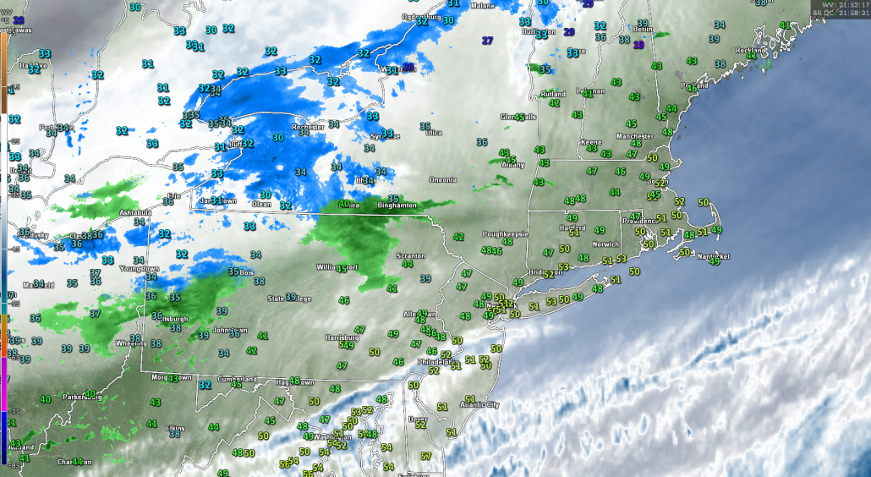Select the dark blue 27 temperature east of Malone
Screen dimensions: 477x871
pyautogui.click(x=487, y=41)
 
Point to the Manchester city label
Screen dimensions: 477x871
pyautogui.click(x=635, y=136)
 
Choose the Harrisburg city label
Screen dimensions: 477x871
pyautogui.click(x=342, y=337)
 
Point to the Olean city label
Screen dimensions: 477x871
pyautogui.click(x=262, y=204)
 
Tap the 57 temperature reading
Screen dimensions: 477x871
pyautogui.click(x=426, y=457)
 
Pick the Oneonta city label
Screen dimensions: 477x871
pyautogui.click(x=443, y=180)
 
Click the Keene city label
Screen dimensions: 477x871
pyautogui.click(x=592, y=143)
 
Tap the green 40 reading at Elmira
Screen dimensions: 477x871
pyautogui.click(x=343, y=204)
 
